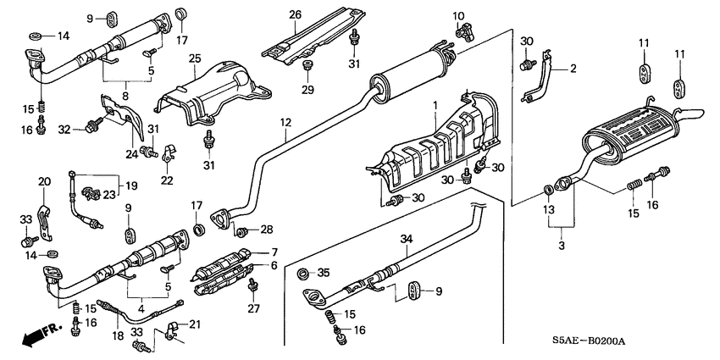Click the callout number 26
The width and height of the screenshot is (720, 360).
(x=295, y=14)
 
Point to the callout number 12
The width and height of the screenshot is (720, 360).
(x=286, y=124)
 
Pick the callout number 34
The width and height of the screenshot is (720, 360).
(x=406, y=240)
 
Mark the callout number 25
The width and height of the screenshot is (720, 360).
(x=193, y=58)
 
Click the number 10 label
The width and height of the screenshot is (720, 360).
(x=458, y=16)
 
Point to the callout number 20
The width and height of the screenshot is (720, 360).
(x=45, y=180)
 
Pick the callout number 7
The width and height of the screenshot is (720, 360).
(x=274, y=252)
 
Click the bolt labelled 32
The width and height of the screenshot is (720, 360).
(x=91, y=128)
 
